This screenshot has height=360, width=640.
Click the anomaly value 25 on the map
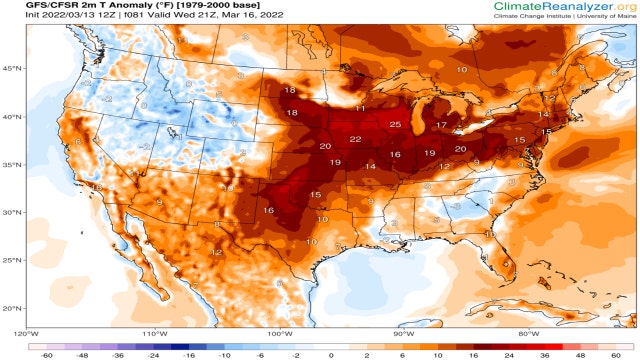pyautogui.click(x=395, y=125)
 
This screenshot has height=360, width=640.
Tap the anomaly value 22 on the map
pyautogui.click(x=355, y=139)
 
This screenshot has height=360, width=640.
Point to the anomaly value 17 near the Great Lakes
pyautogui.click(x=441, y=125)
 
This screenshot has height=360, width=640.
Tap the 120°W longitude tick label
pyautogui.click(x=26, y=333)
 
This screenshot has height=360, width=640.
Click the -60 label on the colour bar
pyautogui.click(x=45, y=354)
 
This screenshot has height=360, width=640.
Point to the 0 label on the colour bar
pyautogui.click(x=330, y=354)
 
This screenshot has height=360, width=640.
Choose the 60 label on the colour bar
pyautogui.click(x=614, y=354)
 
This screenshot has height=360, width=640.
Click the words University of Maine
pyautogui.click(x=601, y=19)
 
